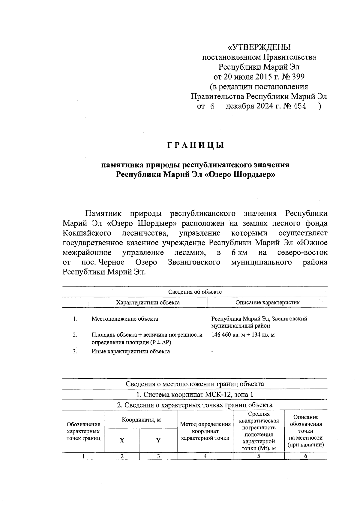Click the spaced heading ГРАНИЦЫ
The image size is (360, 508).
point(195,146)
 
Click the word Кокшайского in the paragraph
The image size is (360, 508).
point(87,233)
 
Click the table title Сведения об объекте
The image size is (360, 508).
point(195,292)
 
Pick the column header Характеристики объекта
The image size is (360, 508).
point(148,302)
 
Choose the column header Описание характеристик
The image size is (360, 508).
point(267,302)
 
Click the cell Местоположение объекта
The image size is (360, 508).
point(125,319)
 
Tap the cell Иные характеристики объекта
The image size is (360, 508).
point(130,351)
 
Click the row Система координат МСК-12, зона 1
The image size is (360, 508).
point(195,395)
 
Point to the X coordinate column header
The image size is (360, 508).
point(122,441)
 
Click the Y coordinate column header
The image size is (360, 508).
point(158,441)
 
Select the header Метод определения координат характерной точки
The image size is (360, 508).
point(205,431)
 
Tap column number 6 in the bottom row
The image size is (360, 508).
point(305,456)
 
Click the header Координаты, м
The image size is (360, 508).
point(141,419)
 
